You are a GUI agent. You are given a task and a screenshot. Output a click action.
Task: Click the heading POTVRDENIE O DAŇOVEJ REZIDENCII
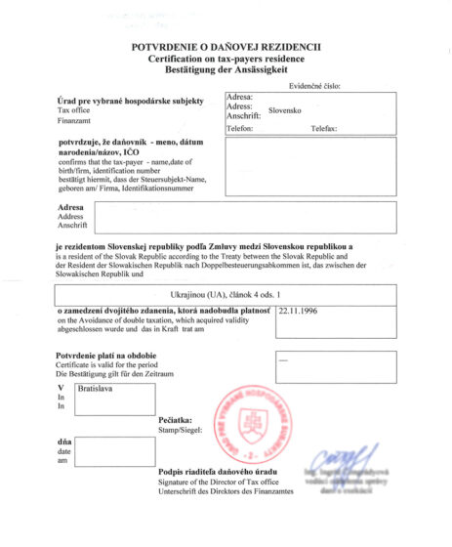(226, 47)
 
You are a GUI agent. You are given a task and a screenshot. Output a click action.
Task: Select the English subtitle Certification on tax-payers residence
(226, 60)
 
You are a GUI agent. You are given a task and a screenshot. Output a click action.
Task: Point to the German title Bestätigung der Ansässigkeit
(226, 72)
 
